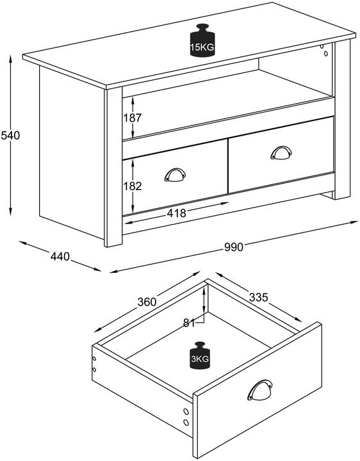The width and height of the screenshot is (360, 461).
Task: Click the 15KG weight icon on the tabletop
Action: click(202, 40)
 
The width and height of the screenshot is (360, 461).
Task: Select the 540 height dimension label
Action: click(11, 136)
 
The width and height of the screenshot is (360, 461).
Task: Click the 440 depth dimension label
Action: click(60, 256)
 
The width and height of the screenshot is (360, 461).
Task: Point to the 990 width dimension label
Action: click(234, 247)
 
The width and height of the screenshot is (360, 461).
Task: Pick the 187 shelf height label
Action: click(133, 118)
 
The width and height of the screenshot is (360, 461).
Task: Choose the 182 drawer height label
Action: click(133, 186)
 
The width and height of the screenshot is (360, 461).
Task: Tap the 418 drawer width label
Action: click(176, 213)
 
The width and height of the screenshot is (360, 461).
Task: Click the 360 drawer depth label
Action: click(147, 302)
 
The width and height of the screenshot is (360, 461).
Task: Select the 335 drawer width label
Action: click(259, 297)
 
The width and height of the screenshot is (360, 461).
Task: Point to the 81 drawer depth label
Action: click(189, 323)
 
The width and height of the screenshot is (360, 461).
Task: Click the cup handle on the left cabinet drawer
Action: click(175, 175)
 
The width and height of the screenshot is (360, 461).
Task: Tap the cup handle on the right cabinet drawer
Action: click(281, 153)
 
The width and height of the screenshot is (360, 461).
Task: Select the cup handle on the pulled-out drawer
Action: click(259, 390)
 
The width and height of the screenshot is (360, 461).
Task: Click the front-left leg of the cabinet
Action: click(113, 167)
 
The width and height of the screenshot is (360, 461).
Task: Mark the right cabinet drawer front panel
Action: click(281, 155)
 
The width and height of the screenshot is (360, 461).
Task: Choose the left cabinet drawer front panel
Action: click(175, 177)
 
